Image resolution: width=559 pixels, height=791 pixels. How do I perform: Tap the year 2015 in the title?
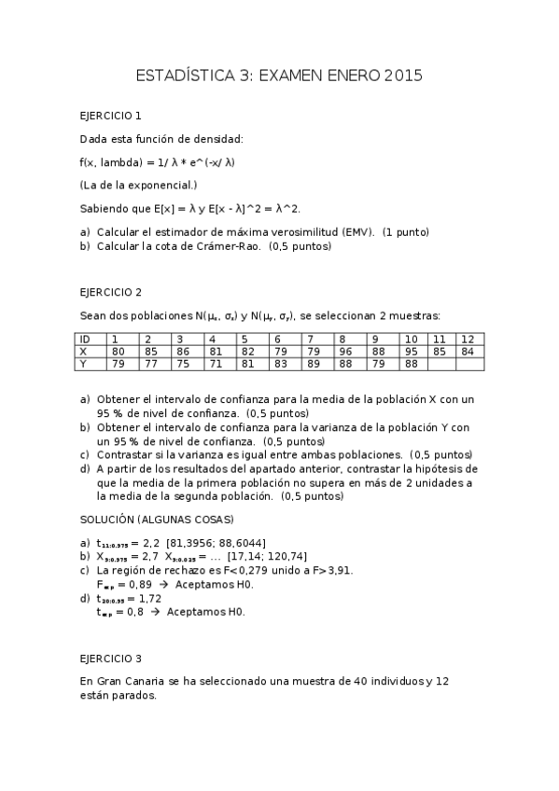coord(403,76)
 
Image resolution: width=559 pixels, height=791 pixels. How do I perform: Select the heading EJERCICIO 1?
coord(111,117)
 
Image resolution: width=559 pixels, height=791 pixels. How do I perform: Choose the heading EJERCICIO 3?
coord(111,658)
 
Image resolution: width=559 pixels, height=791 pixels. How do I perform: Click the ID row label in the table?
coord(85,339)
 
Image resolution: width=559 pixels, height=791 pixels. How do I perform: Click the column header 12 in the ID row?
coord(468,339)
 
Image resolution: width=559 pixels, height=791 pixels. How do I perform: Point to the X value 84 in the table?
coord(468,352)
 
